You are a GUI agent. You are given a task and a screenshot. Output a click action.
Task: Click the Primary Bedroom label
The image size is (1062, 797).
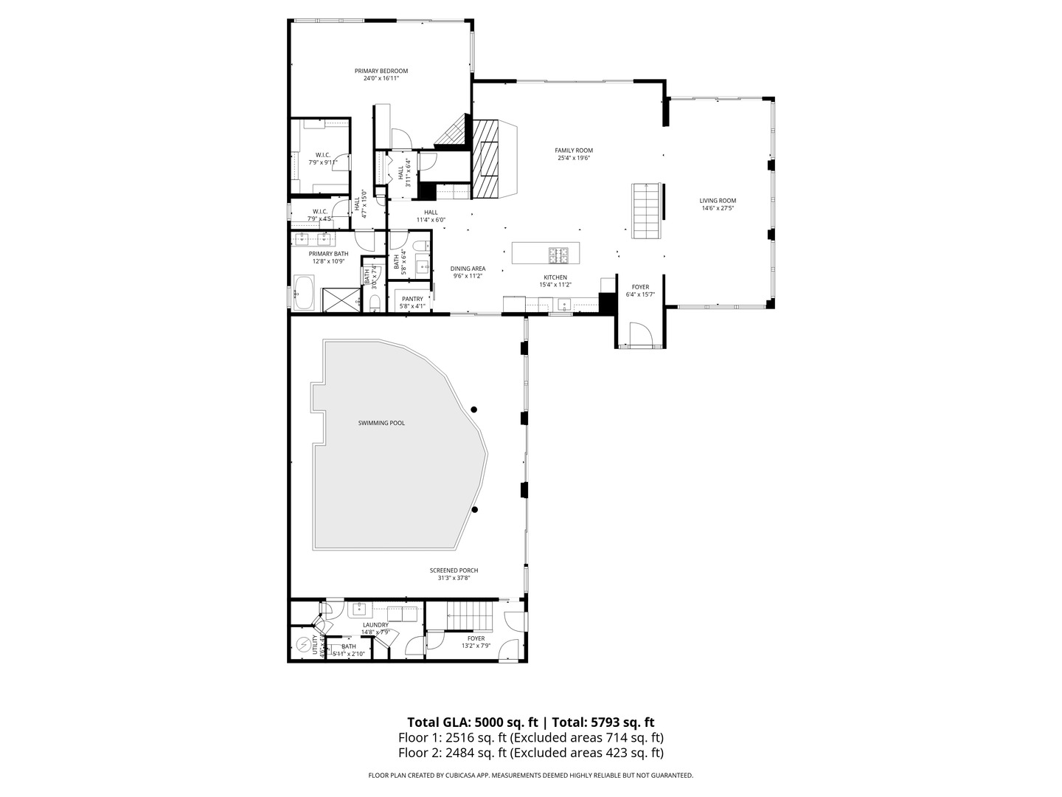pos(381,71)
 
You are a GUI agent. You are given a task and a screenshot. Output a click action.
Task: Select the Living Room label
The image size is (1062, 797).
pos(718,201)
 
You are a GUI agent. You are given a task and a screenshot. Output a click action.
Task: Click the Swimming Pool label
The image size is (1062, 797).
pos(381,423)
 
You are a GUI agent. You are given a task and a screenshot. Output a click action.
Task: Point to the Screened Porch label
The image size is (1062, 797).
pos(454,570)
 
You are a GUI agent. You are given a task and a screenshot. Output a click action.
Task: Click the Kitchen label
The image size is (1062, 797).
pos(555,277)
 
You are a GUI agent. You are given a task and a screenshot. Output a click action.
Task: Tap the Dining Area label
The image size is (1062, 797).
pos(468,269)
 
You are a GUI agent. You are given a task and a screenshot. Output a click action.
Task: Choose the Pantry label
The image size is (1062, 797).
pos(412,299)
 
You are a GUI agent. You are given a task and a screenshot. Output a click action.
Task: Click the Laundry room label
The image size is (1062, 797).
pos(375,625)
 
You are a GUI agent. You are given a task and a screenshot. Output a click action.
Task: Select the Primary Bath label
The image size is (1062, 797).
pos(328,254)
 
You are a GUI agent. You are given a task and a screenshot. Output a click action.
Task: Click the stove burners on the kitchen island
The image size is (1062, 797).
pos(558,255)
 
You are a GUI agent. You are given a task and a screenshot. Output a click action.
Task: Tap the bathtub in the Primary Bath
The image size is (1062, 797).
pos(304,293)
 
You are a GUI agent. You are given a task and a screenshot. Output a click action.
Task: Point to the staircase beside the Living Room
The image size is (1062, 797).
pos(645,210)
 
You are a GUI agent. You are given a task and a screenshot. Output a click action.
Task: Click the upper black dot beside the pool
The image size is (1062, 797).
pos(474,410)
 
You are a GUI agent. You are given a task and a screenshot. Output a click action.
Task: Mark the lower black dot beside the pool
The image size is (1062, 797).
pos(475,509)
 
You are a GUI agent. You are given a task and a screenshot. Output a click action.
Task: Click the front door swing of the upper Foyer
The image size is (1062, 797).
pos(639,334)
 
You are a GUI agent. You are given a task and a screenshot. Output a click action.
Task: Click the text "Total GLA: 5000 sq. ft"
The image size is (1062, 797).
pos(472,722)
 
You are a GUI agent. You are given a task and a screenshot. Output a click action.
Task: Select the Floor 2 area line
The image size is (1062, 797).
pos(530,753)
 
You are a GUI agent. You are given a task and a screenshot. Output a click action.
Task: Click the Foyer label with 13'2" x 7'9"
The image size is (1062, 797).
pos(476,638)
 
